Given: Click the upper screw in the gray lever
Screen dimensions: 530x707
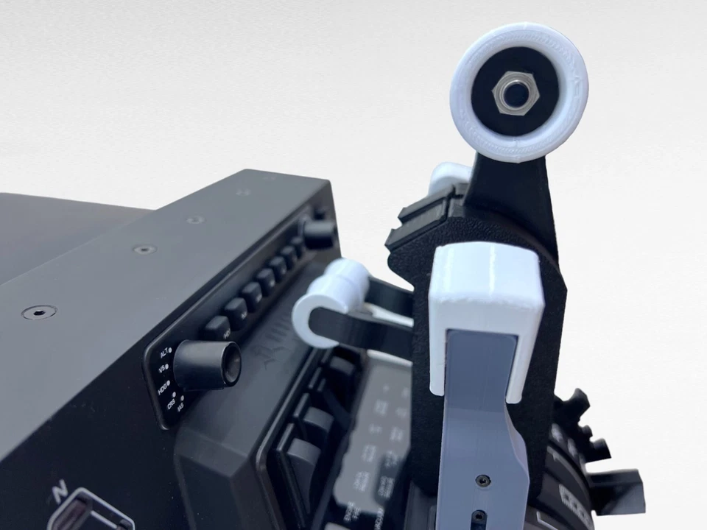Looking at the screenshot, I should pos(482,480).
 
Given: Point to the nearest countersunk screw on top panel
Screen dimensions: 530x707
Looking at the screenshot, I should pos(38,313).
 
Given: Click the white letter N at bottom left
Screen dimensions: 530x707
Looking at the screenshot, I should pos(60,490).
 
